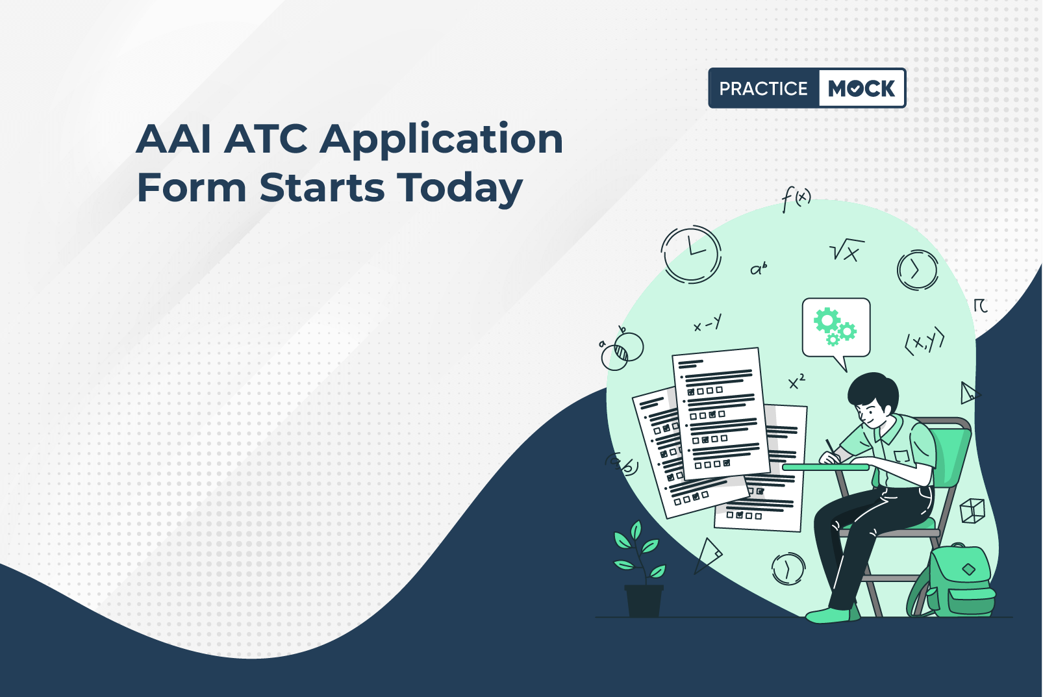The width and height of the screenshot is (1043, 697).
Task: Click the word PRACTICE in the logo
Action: (763, 88)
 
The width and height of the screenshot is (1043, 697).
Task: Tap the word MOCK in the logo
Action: (861, 88)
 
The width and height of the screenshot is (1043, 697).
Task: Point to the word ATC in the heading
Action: (266, 139)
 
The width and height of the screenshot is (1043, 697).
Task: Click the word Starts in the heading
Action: (321, 188)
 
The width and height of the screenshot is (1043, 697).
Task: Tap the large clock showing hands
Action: (691, 254)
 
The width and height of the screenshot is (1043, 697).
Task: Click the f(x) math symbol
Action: (796, 199)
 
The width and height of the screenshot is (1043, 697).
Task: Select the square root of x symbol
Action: (846, 250)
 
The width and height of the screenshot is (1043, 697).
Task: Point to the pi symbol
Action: (980, 305)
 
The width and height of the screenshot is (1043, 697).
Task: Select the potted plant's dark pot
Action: (644, 601)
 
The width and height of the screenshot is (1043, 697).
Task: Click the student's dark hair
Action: (873, 390)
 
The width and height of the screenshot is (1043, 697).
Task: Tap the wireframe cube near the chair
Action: (973, 511)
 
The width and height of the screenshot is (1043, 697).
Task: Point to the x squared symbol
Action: (797, 381)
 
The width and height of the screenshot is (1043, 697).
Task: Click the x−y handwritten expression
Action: (708, 323)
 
